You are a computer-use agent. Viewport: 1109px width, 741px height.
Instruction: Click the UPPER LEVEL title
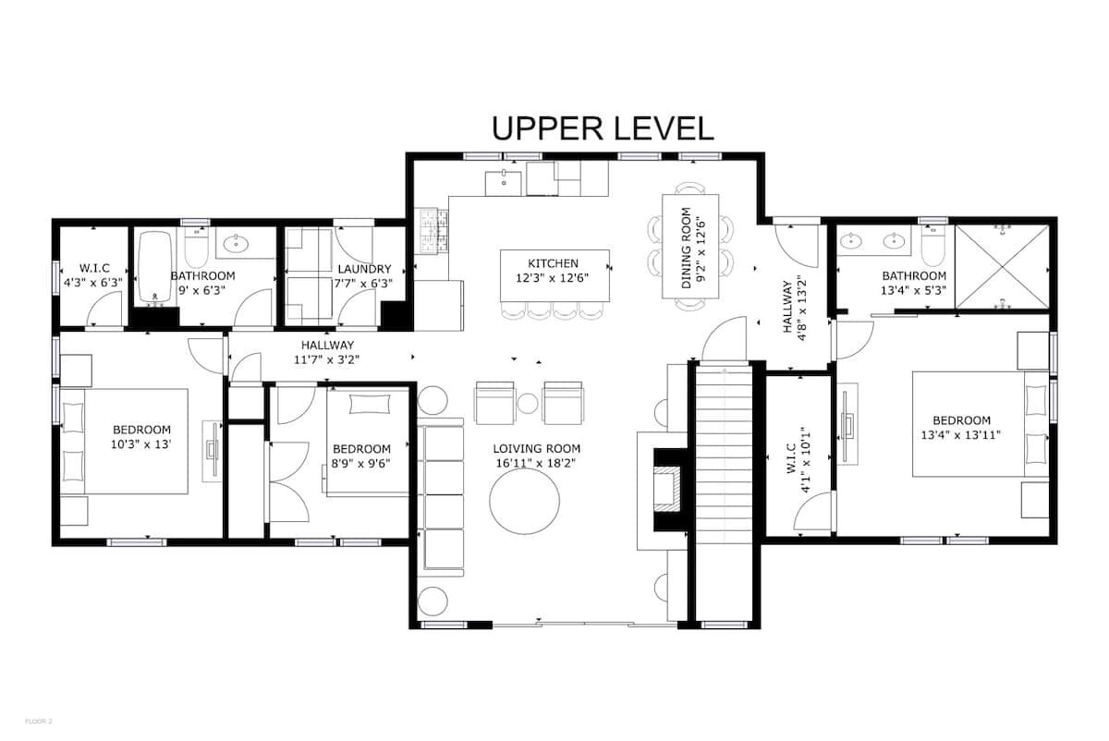coord(603,128)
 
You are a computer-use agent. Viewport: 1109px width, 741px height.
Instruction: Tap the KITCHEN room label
coord(553,263)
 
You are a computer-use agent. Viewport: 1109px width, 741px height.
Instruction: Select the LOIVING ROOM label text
coord(537,448)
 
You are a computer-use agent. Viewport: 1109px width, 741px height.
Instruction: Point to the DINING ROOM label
coord(686,248)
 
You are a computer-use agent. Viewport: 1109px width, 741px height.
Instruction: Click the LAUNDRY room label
coord(364,269)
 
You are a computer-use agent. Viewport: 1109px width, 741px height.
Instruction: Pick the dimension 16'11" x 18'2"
coord(537,463)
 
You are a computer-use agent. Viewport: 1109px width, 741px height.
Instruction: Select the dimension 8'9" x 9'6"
coord(361,464)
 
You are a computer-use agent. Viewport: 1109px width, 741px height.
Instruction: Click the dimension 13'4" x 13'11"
coord(961,435)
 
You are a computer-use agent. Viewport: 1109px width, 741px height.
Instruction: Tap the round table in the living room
coord(524,501)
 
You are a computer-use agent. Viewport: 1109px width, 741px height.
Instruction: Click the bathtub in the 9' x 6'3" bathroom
coord(155,266)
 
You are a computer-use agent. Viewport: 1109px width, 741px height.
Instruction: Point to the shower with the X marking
coord(1002,268)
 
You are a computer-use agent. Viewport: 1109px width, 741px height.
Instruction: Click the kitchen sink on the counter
coord(503,183)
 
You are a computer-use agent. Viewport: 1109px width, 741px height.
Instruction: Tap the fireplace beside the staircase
coord(667,490)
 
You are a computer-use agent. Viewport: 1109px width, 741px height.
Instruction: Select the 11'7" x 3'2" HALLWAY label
coord(327,352)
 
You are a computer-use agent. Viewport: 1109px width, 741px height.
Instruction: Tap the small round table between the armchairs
coord(528,404)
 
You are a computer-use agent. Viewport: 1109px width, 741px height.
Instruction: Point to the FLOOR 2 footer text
coord(38,722)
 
